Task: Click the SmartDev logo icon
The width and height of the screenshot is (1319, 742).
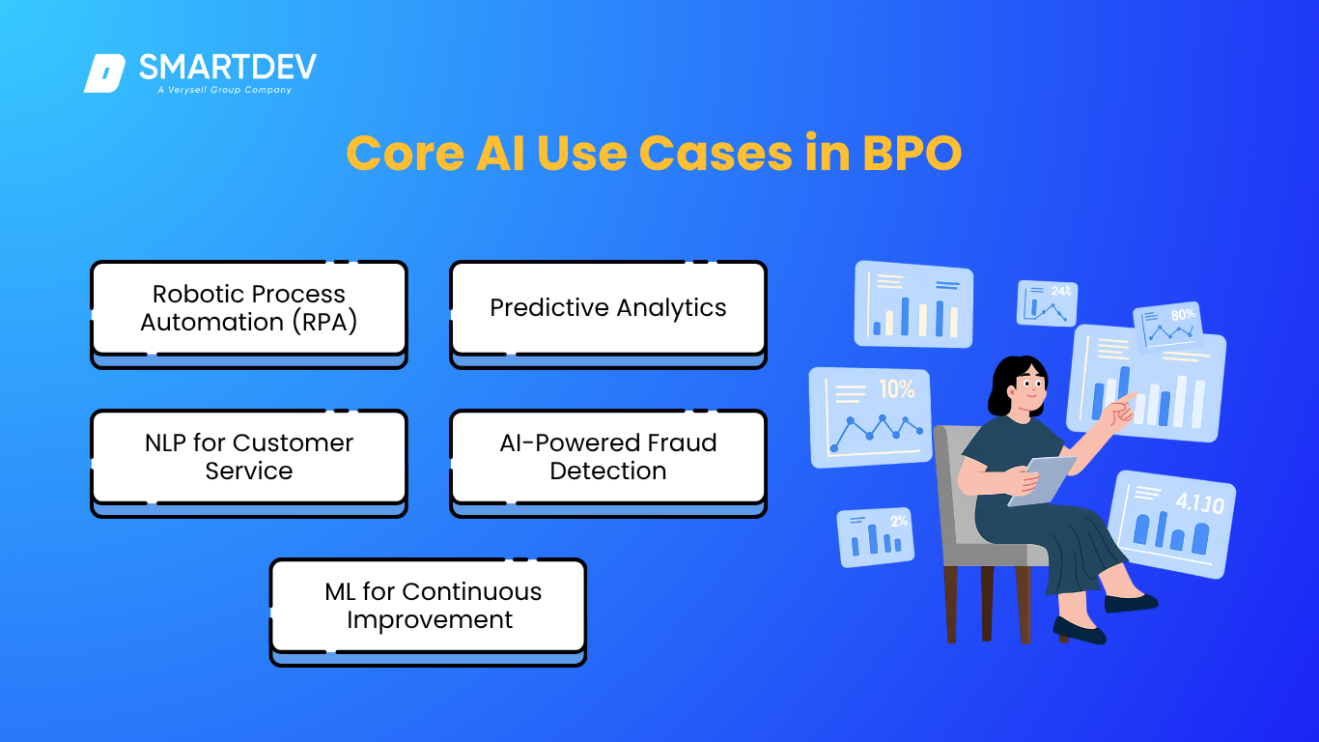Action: coord(105,73)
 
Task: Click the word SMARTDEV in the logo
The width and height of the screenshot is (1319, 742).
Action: coord(228,68)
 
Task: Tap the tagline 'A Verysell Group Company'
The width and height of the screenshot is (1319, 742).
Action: coord(224,90)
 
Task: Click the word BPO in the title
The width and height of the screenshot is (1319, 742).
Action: coord(912,154)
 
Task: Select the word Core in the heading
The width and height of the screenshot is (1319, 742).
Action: coord(406,154)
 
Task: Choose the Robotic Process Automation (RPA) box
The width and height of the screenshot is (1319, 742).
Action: coord(249,315)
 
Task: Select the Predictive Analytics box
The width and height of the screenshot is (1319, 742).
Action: coord(608,315)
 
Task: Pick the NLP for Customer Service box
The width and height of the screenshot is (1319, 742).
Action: coord(249,464)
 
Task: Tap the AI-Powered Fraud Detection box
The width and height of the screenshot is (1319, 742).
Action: coord(608,464)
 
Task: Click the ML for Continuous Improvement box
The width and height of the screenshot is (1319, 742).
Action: coord(428,613)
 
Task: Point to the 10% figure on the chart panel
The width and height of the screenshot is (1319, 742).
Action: coord(897,389)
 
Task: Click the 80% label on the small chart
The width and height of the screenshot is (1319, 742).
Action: coord(1183,315)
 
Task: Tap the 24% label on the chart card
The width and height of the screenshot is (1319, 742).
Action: coord(1061,291)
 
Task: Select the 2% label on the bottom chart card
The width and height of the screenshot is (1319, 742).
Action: coord(899,521)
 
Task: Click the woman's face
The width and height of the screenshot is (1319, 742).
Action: coord(1029,388)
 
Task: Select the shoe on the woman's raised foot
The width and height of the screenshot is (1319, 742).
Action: coord(1131,603)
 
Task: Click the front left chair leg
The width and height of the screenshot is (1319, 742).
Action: coord(951,604)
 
